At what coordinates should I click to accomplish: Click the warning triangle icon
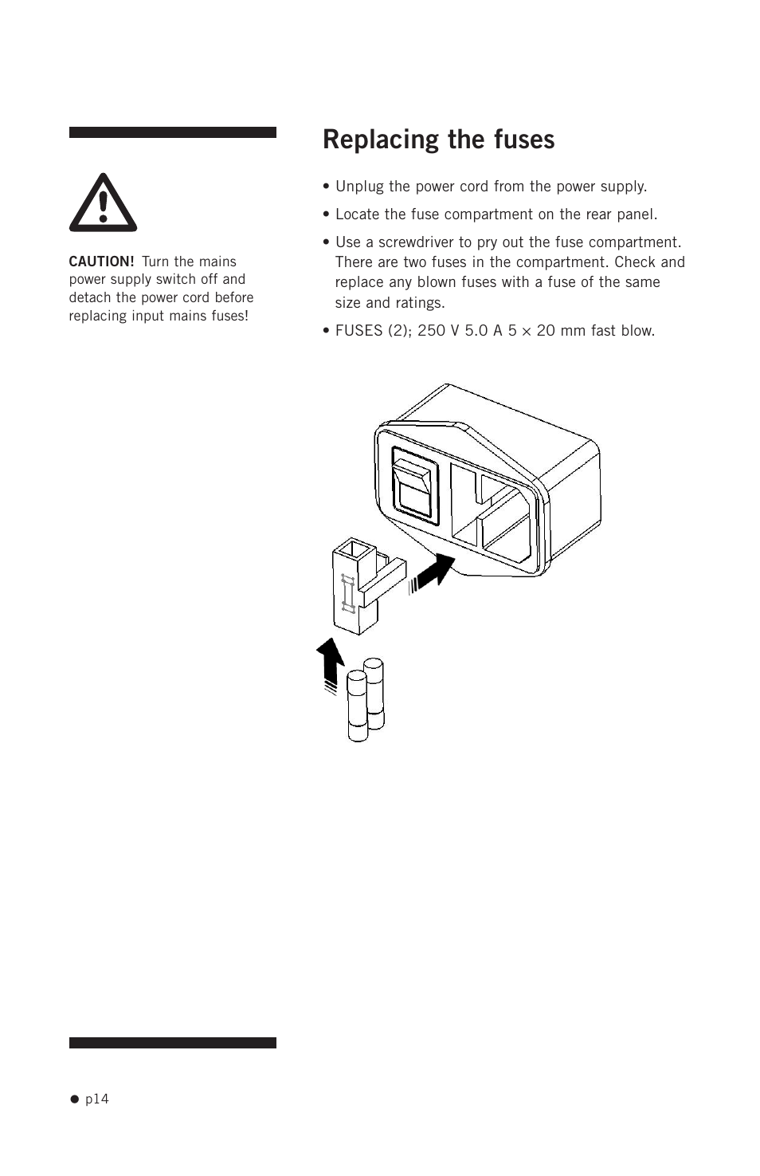[x=103, y=203]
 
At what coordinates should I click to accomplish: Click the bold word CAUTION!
[x=101, y=262]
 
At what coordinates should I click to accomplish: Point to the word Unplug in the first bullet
[x=359, y=187]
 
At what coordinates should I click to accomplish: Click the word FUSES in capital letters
[x=358, y=331]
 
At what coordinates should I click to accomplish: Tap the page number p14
[x=96, y=1099]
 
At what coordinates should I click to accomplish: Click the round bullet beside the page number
[x=75, y=1099]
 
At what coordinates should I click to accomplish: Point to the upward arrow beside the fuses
[x=330, y=663]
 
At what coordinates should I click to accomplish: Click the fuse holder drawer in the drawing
[x=362, y=587]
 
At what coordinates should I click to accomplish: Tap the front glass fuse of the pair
[x=358, y=707]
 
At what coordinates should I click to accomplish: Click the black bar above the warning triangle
[x=172, y=132]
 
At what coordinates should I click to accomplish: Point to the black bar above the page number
[x=172, y=1043]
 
